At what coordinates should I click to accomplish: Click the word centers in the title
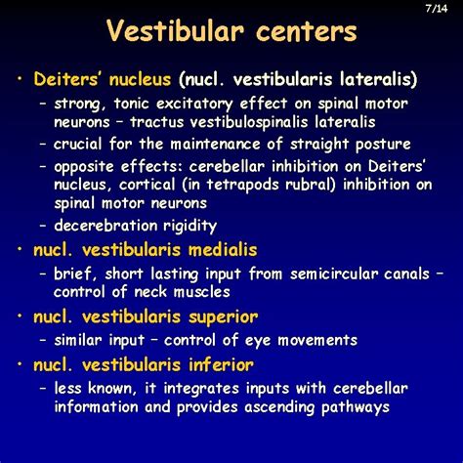click(x=303, y=32)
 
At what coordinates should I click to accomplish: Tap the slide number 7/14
click(x=435, y=9)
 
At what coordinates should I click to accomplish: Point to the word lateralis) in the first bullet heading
click(x=376, y=78)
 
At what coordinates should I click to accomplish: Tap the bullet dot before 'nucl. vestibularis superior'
click(x=20, y=316)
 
